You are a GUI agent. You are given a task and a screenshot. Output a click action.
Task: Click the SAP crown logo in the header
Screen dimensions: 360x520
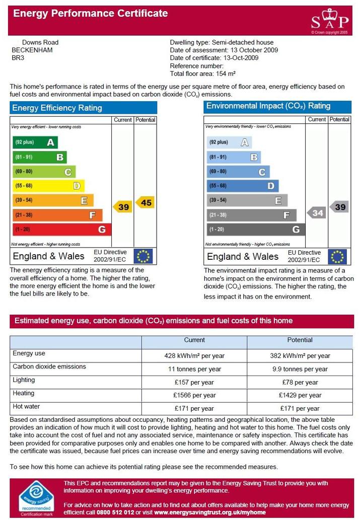[330, 21]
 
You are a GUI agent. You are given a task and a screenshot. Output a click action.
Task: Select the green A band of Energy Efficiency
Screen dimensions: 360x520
[35, 142]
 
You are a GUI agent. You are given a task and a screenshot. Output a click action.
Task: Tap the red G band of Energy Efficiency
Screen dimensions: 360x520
[62, 229]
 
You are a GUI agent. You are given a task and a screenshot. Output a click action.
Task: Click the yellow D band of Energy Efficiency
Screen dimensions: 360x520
[48, 186]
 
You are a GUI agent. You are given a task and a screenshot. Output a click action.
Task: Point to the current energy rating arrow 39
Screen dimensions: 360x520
[122, 207]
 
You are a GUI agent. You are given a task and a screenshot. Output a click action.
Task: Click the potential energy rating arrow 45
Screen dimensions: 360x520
[145, 202]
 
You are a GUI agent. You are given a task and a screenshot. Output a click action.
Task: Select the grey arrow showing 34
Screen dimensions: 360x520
[316, 213]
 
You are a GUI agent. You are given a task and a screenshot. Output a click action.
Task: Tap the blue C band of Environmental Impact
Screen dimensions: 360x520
[238, 172]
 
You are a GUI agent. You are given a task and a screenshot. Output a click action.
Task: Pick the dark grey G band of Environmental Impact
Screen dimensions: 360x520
[255, 229]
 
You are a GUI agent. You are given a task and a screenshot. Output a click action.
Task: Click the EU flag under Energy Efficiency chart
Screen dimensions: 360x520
[143, 256]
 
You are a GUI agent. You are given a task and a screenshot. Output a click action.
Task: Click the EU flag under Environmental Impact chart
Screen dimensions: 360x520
[337, 256]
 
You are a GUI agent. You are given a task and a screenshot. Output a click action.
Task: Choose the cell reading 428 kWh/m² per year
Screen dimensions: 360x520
[194, 356]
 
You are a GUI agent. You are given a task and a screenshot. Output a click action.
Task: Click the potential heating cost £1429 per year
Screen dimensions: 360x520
[300, 395]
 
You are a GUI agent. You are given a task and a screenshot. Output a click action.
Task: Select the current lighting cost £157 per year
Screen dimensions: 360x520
[194, 383]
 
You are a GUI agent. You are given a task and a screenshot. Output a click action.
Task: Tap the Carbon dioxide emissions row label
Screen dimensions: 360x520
[49, 366]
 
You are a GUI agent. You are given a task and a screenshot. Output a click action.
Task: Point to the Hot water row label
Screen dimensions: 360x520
[26, 406]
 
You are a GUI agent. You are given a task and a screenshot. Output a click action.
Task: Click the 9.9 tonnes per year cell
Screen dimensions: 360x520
[300, 369]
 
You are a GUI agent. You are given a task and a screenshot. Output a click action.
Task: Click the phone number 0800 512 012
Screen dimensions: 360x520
[115, 512]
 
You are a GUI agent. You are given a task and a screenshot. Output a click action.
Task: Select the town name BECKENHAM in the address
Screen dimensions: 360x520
[32, 50]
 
